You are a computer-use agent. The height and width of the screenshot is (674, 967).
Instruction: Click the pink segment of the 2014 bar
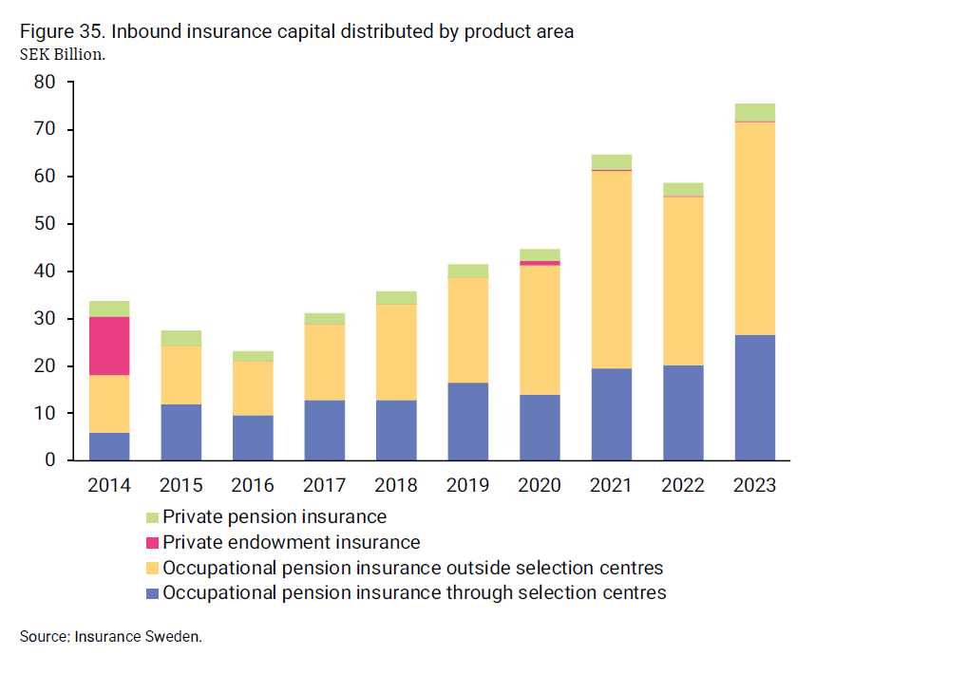pos(109,346)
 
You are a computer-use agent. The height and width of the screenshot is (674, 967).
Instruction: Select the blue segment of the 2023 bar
pos(754,397)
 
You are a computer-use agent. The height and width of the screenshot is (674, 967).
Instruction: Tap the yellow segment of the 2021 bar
pos(611,270)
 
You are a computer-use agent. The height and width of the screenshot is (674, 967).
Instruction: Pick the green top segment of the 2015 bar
pos(180,338)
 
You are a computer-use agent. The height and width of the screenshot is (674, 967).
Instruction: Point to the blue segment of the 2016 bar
pos(253,438)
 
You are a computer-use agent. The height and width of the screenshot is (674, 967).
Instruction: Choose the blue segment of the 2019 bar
pos(467,421)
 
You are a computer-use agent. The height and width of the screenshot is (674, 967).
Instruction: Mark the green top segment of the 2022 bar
pos(683,189)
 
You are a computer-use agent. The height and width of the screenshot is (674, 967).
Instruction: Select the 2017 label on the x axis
pos(324,485)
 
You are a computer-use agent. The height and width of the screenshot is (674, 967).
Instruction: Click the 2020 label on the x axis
pos(539,485)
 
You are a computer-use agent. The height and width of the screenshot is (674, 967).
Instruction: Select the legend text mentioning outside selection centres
pos(412,569)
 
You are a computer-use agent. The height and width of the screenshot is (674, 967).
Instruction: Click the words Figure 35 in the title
pos(62,31)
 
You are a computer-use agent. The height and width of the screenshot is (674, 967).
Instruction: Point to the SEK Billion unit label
pos(62,54)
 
